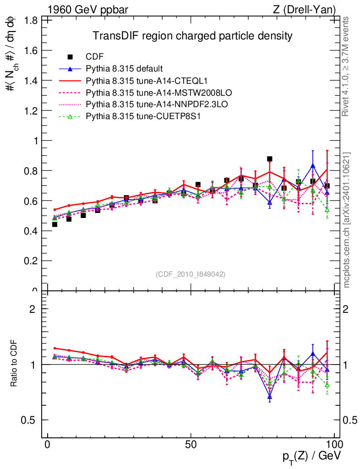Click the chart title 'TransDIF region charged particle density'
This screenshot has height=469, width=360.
192,36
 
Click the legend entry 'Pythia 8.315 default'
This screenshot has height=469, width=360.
124,69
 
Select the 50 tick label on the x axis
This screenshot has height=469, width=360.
191,445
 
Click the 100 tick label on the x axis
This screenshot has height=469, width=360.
334,445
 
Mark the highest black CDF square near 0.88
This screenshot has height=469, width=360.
270,159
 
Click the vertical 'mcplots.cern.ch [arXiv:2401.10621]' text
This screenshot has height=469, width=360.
347,220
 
